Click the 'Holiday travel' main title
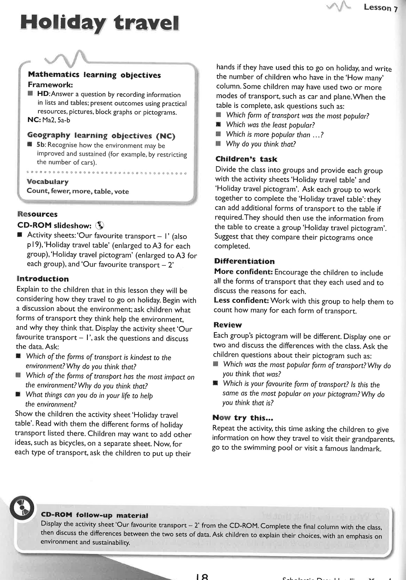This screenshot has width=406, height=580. click(x=100, y=23)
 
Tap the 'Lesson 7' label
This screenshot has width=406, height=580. click(x=380, y=8)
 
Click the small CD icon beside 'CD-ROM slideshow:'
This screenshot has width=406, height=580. click(x=100, y=225)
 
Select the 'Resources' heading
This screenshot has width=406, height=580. click(x=37, y=214)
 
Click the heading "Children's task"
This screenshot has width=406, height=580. click(x=246, y=159)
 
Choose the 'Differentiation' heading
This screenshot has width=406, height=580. click(x=244, y=261)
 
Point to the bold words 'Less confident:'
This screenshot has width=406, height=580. click(x=241, y=300)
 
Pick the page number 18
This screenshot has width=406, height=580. click(x=202, y=577)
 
